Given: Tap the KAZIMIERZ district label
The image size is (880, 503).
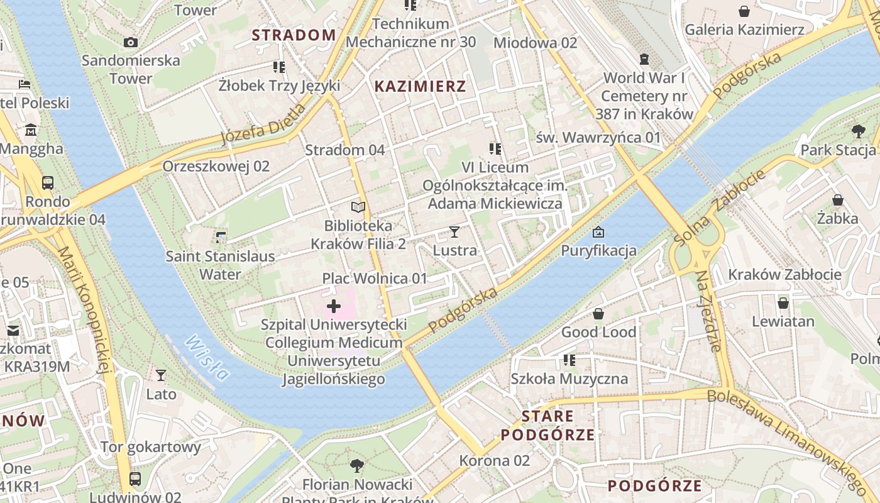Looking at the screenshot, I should tap(420, 87).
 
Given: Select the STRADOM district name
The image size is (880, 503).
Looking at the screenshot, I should tap(294, 35).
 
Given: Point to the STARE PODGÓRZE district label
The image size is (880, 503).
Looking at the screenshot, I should tap(547, 425).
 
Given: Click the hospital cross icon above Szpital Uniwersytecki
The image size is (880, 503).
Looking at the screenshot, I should tap(334, 307).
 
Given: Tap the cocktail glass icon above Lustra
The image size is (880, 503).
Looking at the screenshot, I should tap(454, 232).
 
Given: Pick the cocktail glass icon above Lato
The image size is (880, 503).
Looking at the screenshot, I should tap(161, 375).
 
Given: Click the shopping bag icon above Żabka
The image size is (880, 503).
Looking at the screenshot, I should tap(837, 200).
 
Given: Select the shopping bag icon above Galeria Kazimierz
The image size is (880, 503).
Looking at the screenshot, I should tap(744, 11).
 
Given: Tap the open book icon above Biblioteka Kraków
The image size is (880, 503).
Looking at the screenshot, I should tap(358, 207).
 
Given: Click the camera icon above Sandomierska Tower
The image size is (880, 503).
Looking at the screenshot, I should tap(131, 42).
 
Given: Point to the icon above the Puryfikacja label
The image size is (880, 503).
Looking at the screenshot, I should tap(598, 232).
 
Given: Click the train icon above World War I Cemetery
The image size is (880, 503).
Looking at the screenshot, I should tap(644, 59).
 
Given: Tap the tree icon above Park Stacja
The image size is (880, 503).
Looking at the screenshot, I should tap(858, 131).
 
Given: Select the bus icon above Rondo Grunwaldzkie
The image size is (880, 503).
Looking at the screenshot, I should tap(48, 183).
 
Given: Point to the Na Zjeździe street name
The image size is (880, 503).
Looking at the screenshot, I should tap(708, 311).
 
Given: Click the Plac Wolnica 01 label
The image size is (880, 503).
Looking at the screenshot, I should tap(375, 279).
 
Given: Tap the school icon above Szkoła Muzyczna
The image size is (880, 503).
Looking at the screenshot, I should tap(569, 360).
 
